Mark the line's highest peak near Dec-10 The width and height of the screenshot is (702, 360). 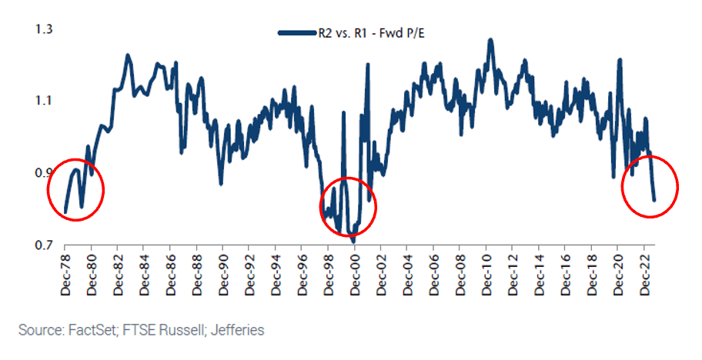pyautogui.click(x=490, y=39)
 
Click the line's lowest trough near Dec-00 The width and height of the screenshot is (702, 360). pyautogui.click(x=354, y=242)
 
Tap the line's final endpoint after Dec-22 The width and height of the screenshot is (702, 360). pyautogui.click(x=654, y=200)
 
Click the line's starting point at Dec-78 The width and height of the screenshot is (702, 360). pyautogui.click(x=65, y=212)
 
